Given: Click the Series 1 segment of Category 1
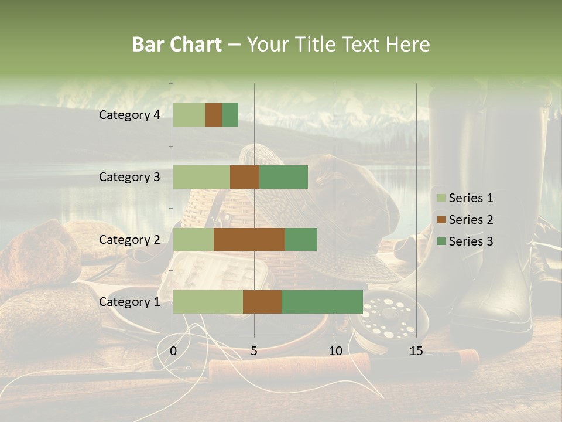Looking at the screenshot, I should point(208,301).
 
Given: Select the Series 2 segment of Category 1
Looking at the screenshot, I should point(262,301).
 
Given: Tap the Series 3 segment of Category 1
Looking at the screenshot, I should point(322,301).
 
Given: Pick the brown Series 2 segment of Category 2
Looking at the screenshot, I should point(249,239).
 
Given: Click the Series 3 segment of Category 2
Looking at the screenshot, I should point(301,239).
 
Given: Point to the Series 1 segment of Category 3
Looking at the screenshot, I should point(201,177).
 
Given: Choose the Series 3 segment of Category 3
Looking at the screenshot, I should point(283,177).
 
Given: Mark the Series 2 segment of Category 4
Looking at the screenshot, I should point(214,115).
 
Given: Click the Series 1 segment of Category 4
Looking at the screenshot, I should point(189,115).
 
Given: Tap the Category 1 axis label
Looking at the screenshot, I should point(129,302).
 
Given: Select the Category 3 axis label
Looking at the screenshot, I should point(129,177).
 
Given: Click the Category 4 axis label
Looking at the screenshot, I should point(129,115).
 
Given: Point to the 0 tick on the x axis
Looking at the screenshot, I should point(173,351).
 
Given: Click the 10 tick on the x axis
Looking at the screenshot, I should point(335,351).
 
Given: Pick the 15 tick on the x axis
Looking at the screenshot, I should point(416,351).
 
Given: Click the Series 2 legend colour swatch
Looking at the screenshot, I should point(441,220).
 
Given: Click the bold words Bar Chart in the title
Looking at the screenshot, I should point(177,45).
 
